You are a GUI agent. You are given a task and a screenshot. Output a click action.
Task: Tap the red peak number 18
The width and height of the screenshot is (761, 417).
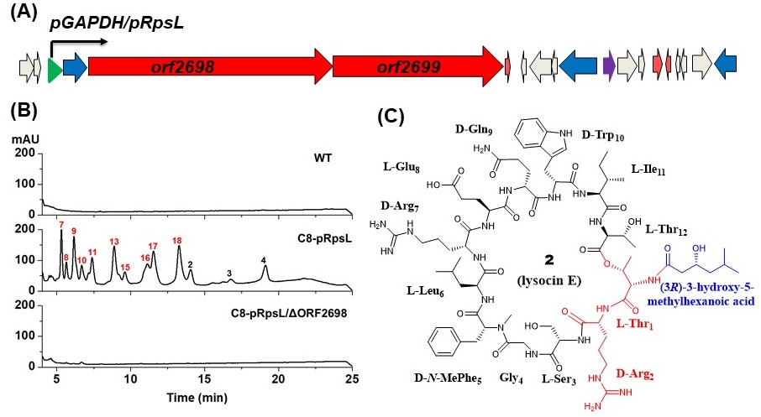coord(176,241)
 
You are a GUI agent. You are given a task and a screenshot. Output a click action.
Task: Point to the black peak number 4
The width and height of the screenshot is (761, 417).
coord(264,262)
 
